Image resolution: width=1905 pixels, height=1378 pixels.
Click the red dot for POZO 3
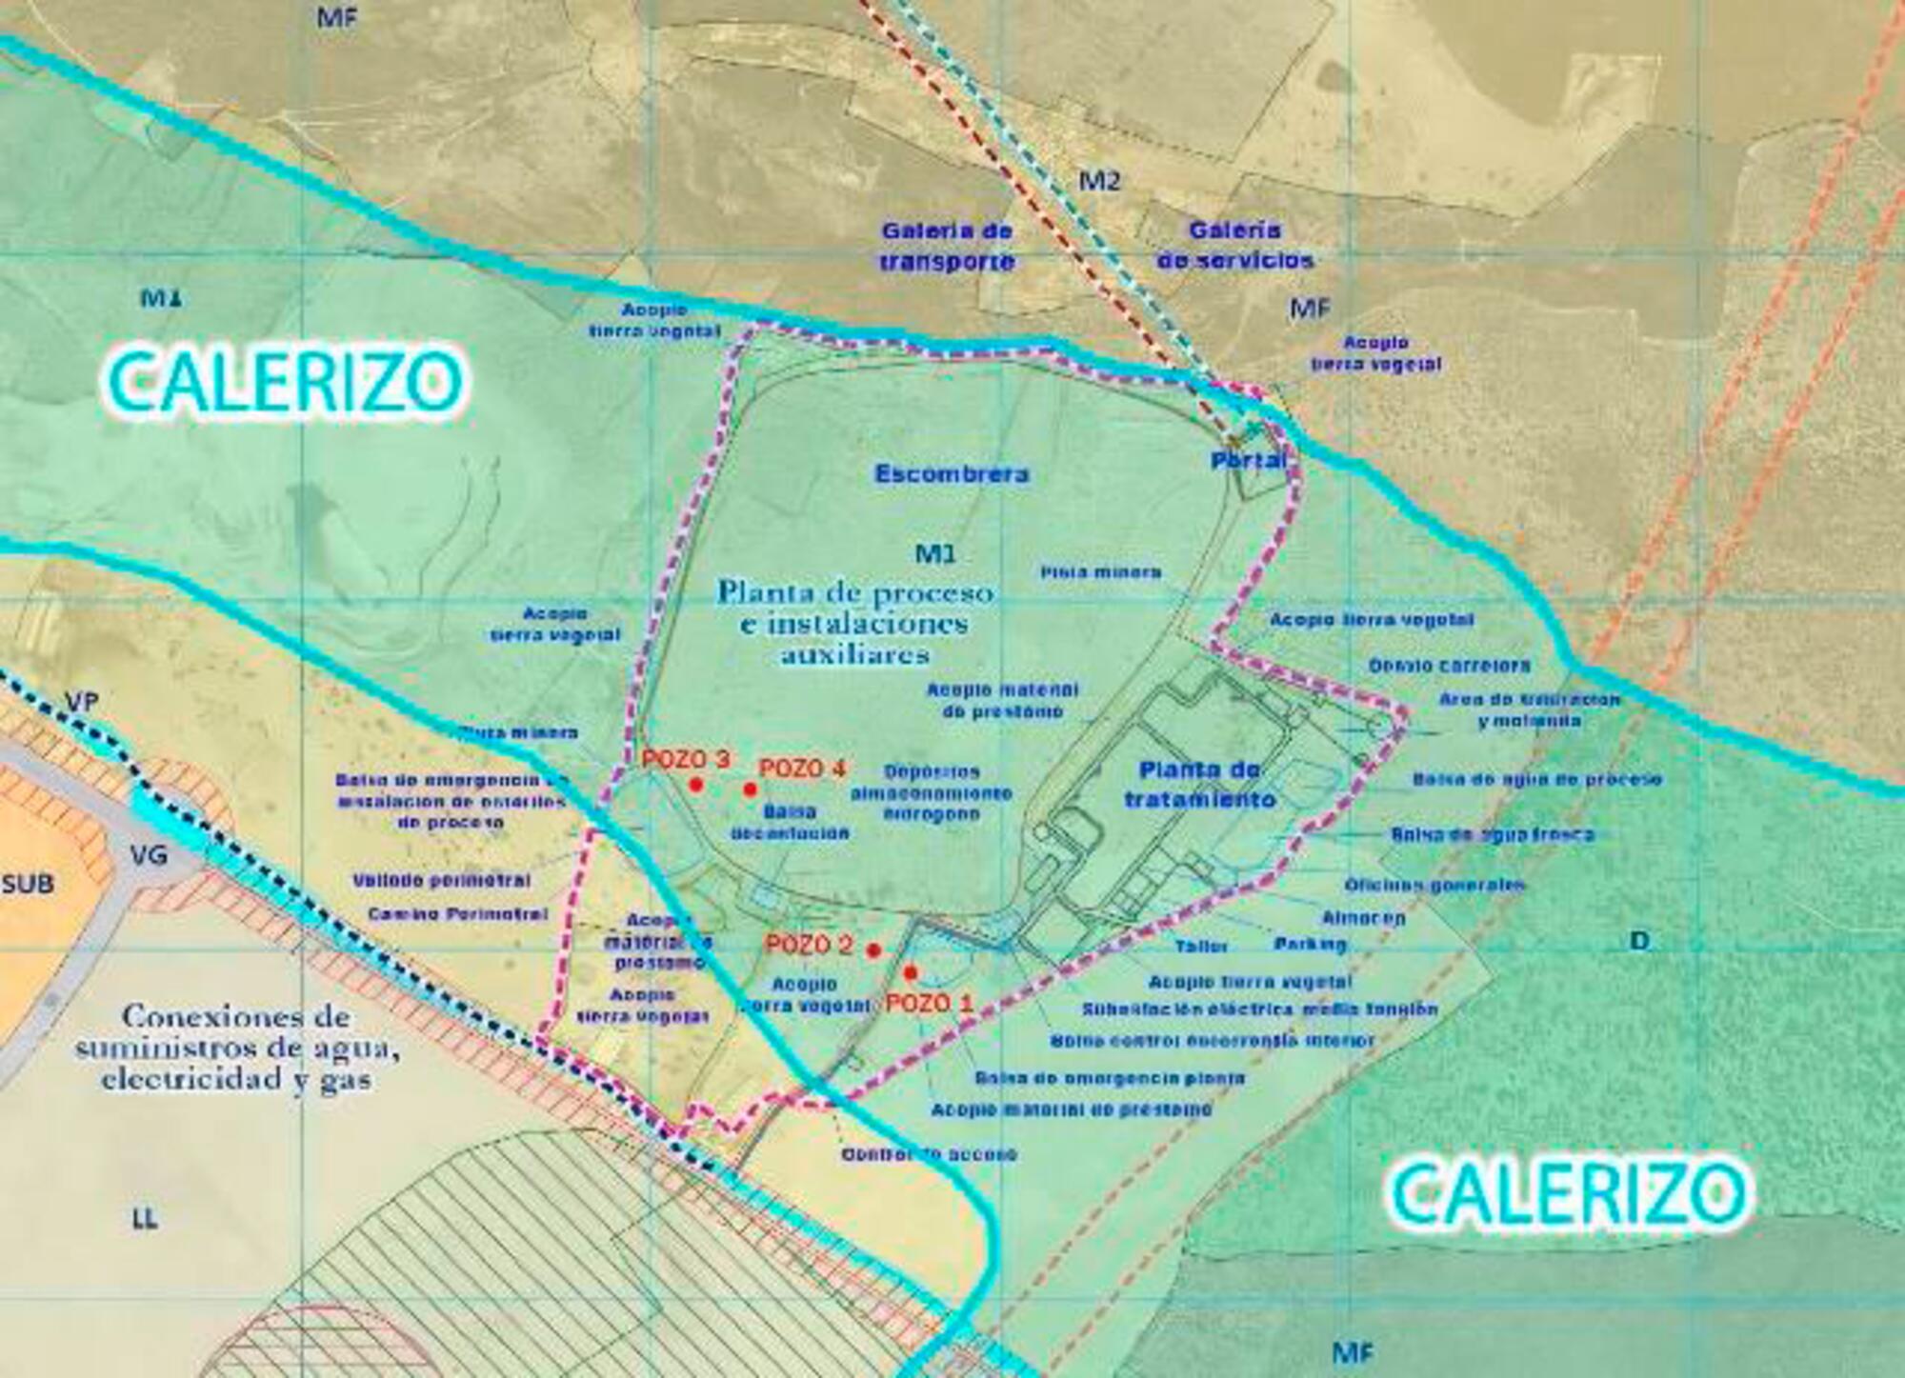pyautogui.click(x=696, y=785)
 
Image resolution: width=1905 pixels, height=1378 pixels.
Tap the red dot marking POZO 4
pyautogui.click(x=751, y=789)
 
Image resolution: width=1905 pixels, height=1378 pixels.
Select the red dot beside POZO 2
pyautogui.click(x=873, y=949)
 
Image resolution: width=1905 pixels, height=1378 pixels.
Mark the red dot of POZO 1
pyautogui.click(x=911, y=972)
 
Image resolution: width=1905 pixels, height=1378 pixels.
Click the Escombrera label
pyautogui.click(x=952, y=474)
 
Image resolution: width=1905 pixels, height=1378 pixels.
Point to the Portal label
pyautogui.click(x=1249, y=461)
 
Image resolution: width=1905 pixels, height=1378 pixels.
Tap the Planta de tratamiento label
pyautogui.click(x=1200, y=785)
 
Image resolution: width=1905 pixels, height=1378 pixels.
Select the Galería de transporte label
pyautogui.click(x=946, y=246)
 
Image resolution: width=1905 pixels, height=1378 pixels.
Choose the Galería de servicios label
pyautogui.click(x=1235, y=245)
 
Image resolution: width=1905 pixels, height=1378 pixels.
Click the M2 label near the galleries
pyautogui.click(x=1099, y=180)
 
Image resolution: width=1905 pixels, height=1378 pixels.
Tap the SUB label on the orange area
pyautogui.click(x=28, y=884)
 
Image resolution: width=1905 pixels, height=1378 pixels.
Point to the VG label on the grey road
pyautogui.click(x=149, y=855)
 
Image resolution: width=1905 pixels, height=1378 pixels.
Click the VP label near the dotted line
pyautogui.click(x=81, y=702)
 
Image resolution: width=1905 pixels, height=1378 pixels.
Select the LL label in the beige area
pyautogui.click(x=145, y=1218)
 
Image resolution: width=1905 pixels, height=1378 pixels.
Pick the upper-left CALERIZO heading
pyautogui.click(x=284, y=382)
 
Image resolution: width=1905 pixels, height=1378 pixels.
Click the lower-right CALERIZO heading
pyautogui.click(x=1567, y=1191)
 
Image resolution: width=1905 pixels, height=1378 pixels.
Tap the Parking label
pyautogui.click(x=1311, y=944)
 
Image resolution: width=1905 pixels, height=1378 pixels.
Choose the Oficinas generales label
pyautogui.click(x=1434, y=885)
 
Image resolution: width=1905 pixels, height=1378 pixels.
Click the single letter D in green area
pyautogui.click(x=1639, y=941)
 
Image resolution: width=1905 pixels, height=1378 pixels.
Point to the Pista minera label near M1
pyautogui.click(x=1101, y=572)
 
